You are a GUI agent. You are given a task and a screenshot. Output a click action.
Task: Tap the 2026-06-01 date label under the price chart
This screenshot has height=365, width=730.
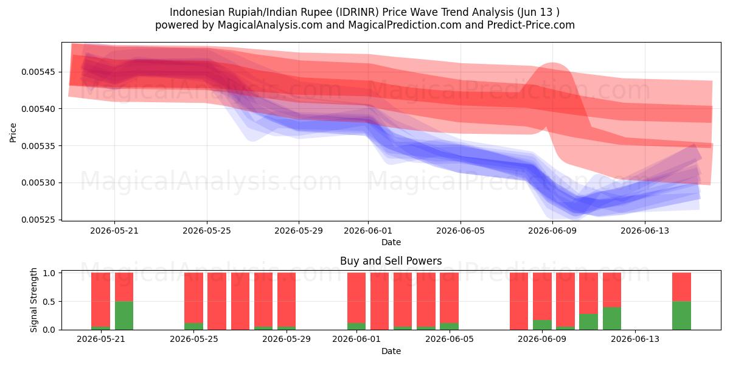[x=368, y=231]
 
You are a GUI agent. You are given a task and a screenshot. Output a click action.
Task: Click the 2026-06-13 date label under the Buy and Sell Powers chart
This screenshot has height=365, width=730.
[x=635, y=339]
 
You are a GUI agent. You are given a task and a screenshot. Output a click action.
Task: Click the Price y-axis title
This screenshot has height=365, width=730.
[x=13, y=133]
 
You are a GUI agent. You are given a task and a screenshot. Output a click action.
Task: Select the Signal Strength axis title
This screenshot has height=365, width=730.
[x=33, y=300]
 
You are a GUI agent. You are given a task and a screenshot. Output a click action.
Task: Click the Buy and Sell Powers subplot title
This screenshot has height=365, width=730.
[x=391, y=261]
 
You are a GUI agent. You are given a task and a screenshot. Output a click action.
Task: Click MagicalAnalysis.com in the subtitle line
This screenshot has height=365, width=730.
[x=270, y=25]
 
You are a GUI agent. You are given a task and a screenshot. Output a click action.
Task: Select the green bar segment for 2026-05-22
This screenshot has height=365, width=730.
[x=124, y=316]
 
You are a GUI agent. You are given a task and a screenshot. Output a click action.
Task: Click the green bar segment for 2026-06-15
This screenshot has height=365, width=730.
[x=681, y=316]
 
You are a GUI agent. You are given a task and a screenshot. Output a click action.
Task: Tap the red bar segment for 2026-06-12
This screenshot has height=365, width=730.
[x=612, y=290]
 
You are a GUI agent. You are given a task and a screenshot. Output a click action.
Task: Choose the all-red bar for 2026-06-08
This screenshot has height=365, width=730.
[x=519, y=301]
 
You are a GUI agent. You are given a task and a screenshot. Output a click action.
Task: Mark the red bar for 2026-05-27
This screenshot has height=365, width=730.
[x=240, y=301]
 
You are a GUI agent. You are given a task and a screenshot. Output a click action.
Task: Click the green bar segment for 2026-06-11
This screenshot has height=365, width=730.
[x=589, y=322]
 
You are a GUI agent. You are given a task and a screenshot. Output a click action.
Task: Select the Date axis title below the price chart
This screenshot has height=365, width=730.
[x=391, y=242]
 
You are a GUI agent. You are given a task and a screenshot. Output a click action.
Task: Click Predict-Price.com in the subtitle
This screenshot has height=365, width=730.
[x=531, y=25]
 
